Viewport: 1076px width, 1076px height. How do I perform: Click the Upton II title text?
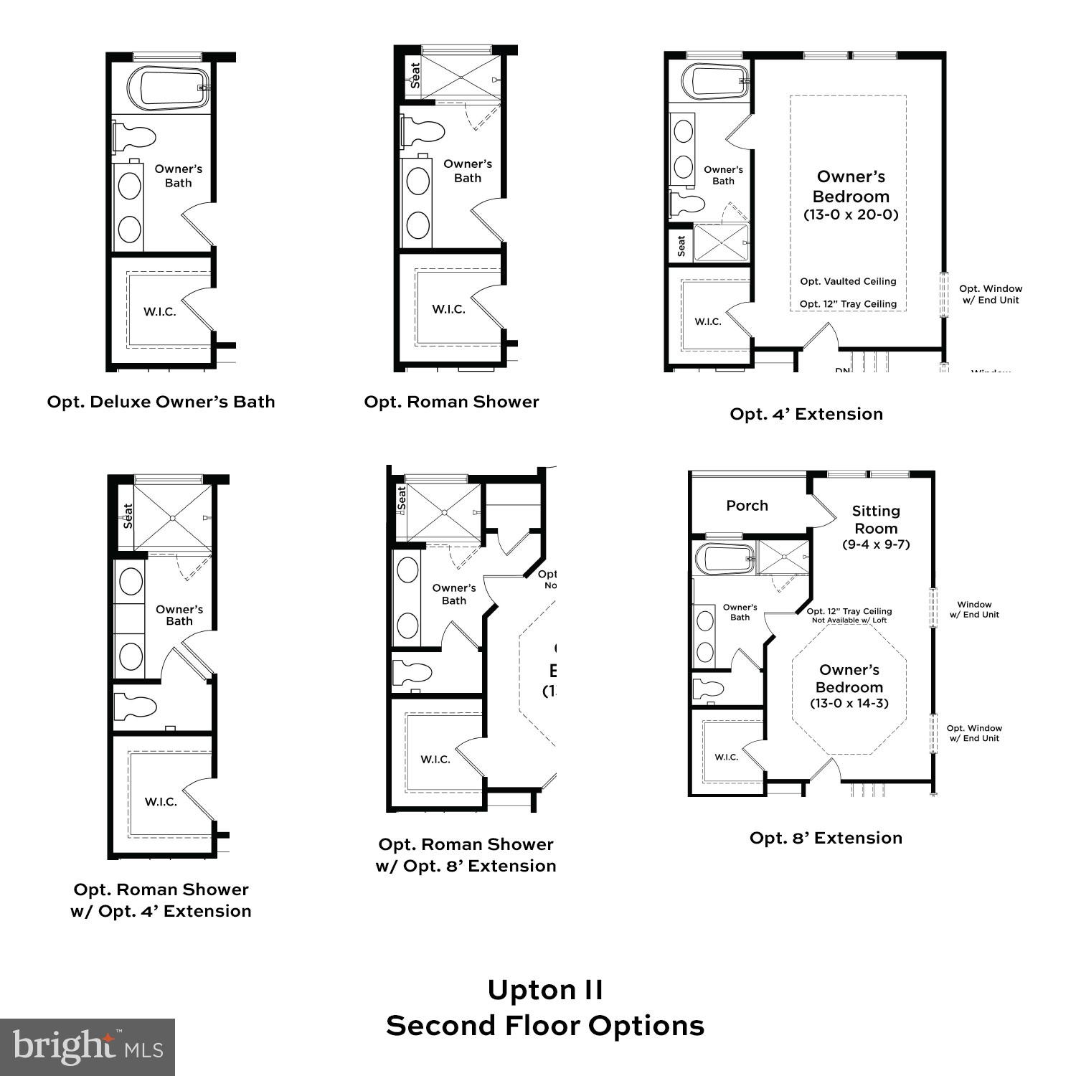coord(545,991)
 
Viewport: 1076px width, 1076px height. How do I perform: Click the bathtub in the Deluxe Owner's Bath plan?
coord(169,88)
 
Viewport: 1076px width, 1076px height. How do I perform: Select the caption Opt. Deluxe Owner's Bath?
coord(161,402)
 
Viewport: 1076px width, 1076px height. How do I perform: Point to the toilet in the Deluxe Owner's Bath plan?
coord(134,136)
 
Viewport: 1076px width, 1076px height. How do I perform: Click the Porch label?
coord(747,506)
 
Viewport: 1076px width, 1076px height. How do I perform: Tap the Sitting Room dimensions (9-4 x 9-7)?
coord(876,544)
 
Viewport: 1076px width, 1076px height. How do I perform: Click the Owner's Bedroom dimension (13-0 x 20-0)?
coord(851,214)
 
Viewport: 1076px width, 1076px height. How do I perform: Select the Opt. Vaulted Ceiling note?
coord(848,281)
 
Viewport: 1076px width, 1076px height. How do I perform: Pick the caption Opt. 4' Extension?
coord(806,414)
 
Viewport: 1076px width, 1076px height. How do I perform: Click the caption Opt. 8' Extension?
coord(826,838)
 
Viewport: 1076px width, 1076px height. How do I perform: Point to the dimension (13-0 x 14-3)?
coord(849,704)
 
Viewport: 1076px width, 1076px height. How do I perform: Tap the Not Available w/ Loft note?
coord(849,620)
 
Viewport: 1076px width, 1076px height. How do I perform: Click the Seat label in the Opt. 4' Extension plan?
coord(681,246)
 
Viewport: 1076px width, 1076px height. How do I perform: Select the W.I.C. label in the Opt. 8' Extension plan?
coord(726,758)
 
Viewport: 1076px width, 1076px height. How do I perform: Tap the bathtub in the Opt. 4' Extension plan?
coord(714,81)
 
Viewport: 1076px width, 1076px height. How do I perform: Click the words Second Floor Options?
coord(545,1026)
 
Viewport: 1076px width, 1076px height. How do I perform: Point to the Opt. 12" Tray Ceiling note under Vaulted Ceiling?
coord(848,304)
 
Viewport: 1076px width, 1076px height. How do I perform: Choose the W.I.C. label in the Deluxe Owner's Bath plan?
coord(159,311)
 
